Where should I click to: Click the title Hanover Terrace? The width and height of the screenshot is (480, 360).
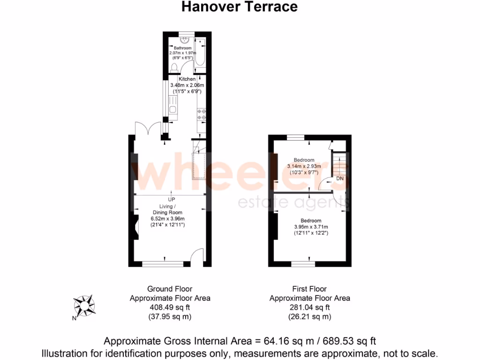pyautogui.click(x=240, y=7)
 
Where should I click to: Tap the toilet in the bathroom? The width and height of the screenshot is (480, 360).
pyautogui.click(x=174, y=67)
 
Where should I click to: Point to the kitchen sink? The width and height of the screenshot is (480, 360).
pyautogui.click(x=172, y=110)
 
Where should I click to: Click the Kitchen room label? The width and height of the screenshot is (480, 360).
pyautogui.click(x=187, y=79)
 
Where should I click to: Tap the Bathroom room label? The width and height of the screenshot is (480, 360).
pyautogui.click(x=183, y=48)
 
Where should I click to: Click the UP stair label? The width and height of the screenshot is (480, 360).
pyautogui.click(x=172, y=199)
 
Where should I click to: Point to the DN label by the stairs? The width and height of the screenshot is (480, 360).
pyautogui.click(x=340, y=179)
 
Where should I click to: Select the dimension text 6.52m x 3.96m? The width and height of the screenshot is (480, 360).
pyautogui.click(x=168, y=218)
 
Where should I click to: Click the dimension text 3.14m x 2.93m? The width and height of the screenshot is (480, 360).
pyautogui.click(x=304, y=166)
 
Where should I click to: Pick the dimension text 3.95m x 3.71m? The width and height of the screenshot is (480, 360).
pyautogui.click(x=311, y=227)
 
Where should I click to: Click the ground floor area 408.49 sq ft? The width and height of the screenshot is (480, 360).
pyautogui.click(x=170, y=307)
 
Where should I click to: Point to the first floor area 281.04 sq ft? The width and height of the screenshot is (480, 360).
pyautogui.click(x=309, y=307)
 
